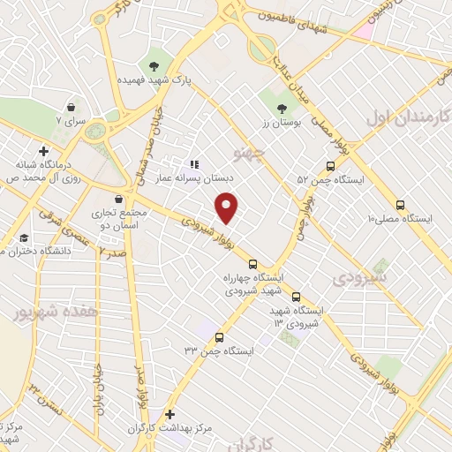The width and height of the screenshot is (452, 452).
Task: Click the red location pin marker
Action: (228, 207)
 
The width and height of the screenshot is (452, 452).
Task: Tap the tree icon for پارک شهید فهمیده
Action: (155, 65)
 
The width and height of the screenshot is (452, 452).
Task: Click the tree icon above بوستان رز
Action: (282, 108)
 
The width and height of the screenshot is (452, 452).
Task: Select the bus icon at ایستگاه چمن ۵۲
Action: (330, 165)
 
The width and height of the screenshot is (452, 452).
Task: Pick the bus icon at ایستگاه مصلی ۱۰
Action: (401, 202)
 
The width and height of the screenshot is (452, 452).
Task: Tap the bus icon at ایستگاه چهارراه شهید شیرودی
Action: (253, 264)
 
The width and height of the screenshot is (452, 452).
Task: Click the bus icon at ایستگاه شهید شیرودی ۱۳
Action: (296, 297)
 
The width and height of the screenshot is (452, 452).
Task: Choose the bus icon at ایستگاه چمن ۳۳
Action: (218, 336)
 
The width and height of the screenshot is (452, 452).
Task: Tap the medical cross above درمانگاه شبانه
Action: (42, 152)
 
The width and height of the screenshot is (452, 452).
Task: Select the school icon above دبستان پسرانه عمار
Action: (195, 163)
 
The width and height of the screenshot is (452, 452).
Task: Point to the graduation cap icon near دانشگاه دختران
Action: (26, 237)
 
